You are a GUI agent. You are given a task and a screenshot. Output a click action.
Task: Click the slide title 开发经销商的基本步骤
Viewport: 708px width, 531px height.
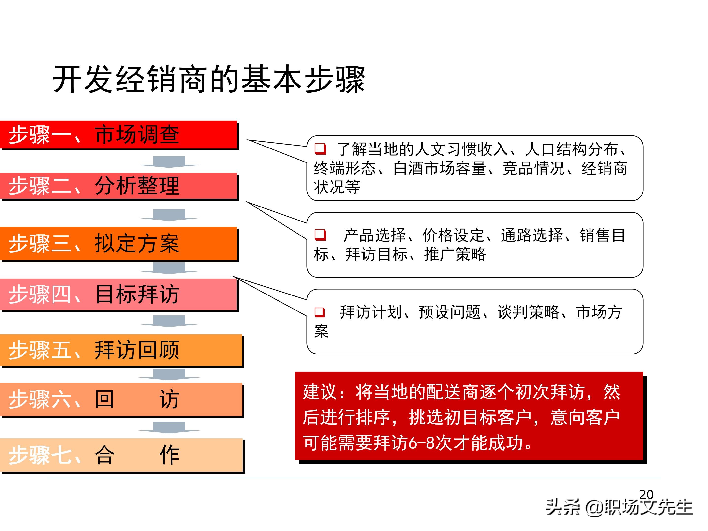209,79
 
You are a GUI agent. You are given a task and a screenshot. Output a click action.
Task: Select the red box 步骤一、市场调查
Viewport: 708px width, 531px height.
118,134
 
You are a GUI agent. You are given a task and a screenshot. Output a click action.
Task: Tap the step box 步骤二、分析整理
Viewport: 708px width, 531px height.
118,186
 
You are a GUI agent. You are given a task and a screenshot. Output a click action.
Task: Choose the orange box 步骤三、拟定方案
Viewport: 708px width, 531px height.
118,243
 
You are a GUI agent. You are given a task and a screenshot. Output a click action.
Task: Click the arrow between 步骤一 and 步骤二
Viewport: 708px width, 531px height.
169,162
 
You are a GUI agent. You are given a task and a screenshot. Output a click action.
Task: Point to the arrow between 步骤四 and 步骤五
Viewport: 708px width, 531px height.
169,321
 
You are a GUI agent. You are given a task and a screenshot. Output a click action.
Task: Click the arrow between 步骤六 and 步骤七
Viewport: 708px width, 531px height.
169,427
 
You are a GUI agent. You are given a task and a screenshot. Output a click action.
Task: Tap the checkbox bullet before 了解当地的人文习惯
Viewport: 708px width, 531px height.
320,149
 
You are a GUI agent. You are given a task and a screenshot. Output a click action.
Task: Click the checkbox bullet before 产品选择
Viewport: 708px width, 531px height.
320,235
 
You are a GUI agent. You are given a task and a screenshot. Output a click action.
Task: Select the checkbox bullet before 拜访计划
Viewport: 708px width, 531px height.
319,312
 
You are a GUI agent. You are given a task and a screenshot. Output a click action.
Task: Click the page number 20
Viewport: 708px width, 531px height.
646,495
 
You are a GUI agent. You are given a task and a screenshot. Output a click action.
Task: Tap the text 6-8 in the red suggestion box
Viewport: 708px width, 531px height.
422,443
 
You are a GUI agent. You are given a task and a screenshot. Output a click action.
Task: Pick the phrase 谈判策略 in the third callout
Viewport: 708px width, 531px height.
528,312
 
